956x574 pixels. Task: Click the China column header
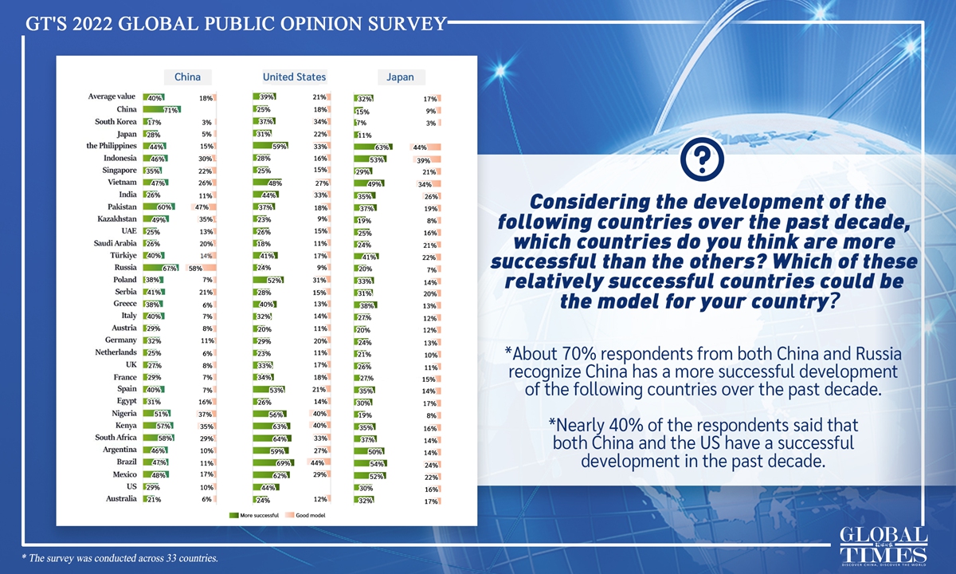pyautogui.click(x=188, y=77)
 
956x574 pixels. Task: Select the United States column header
pyautogui.click(x=294, y=77)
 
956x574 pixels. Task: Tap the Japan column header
pyautogui.click(x=401, y=77)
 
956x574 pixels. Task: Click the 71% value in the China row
pyautogui.click(x=170, y=109)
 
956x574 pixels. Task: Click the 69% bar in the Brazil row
pyautogui.click(x=276, y=462)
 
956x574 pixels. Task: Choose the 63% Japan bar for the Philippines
pyautogui.click(x=372, y=147)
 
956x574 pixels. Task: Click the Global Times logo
pyautogui.click(x=884, y=545)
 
